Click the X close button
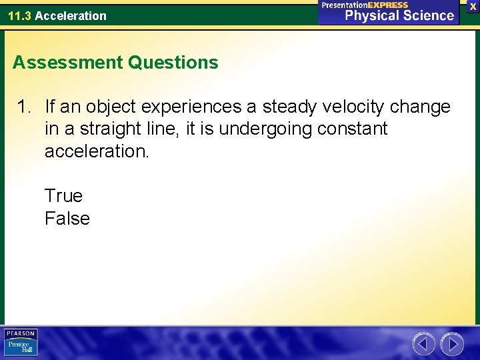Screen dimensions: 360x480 (x=473, y=6)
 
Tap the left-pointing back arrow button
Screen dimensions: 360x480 (x=423, y=344)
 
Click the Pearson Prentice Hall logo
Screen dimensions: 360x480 (x=21, y=343)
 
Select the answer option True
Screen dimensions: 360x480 (x=63, y=196)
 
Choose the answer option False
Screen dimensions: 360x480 (x=67, y=219)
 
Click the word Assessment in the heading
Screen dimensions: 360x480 (x=67, y=63)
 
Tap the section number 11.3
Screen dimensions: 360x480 (x=19, y=15)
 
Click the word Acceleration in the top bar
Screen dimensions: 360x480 (x=70, y=15)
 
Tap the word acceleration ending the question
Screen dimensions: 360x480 (x=97, y=151)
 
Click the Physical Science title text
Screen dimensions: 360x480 (x=399, y=15)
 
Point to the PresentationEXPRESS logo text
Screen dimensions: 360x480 (x=365, y=5)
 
